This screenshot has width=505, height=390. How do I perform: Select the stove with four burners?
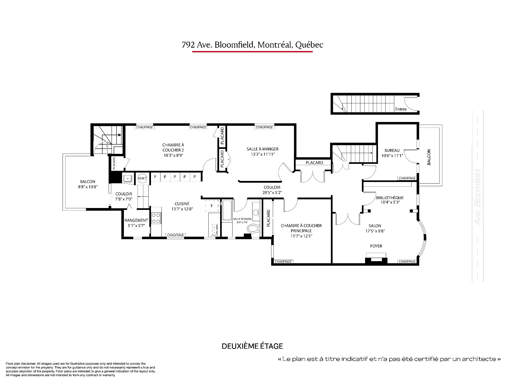point(156,218)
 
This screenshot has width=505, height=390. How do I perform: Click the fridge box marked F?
point(212,206)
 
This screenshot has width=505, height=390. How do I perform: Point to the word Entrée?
point(401,109)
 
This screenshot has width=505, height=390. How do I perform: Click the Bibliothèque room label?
point(390,198)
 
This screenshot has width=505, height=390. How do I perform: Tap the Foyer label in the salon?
point(376,246)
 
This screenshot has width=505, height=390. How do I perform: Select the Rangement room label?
point(136,220)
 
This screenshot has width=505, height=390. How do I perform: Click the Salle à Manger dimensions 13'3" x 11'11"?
point(262,154)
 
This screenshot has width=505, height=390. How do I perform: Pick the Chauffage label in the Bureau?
point(407,178)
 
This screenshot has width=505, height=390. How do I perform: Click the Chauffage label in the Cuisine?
point(175,235)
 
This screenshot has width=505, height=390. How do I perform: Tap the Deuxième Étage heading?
point(252,346)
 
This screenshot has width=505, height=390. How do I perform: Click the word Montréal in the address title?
point(275,45)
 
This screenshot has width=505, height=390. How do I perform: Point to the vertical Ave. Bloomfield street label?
point(478,197)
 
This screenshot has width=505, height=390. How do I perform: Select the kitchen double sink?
point(214,230)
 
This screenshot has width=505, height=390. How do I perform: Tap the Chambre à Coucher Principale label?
point(301,228)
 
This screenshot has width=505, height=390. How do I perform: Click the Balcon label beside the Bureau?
point(429,157)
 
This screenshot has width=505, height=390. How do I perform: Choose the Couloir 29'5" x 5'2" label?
point(272,190)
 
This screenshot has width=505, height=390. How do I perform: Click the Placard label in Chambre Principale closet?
point(268,218)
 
